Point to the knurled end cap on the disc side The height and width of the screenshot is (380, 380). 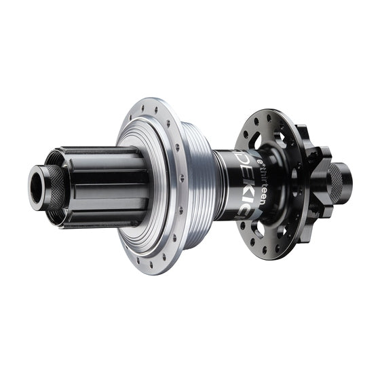click(335, 178)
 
